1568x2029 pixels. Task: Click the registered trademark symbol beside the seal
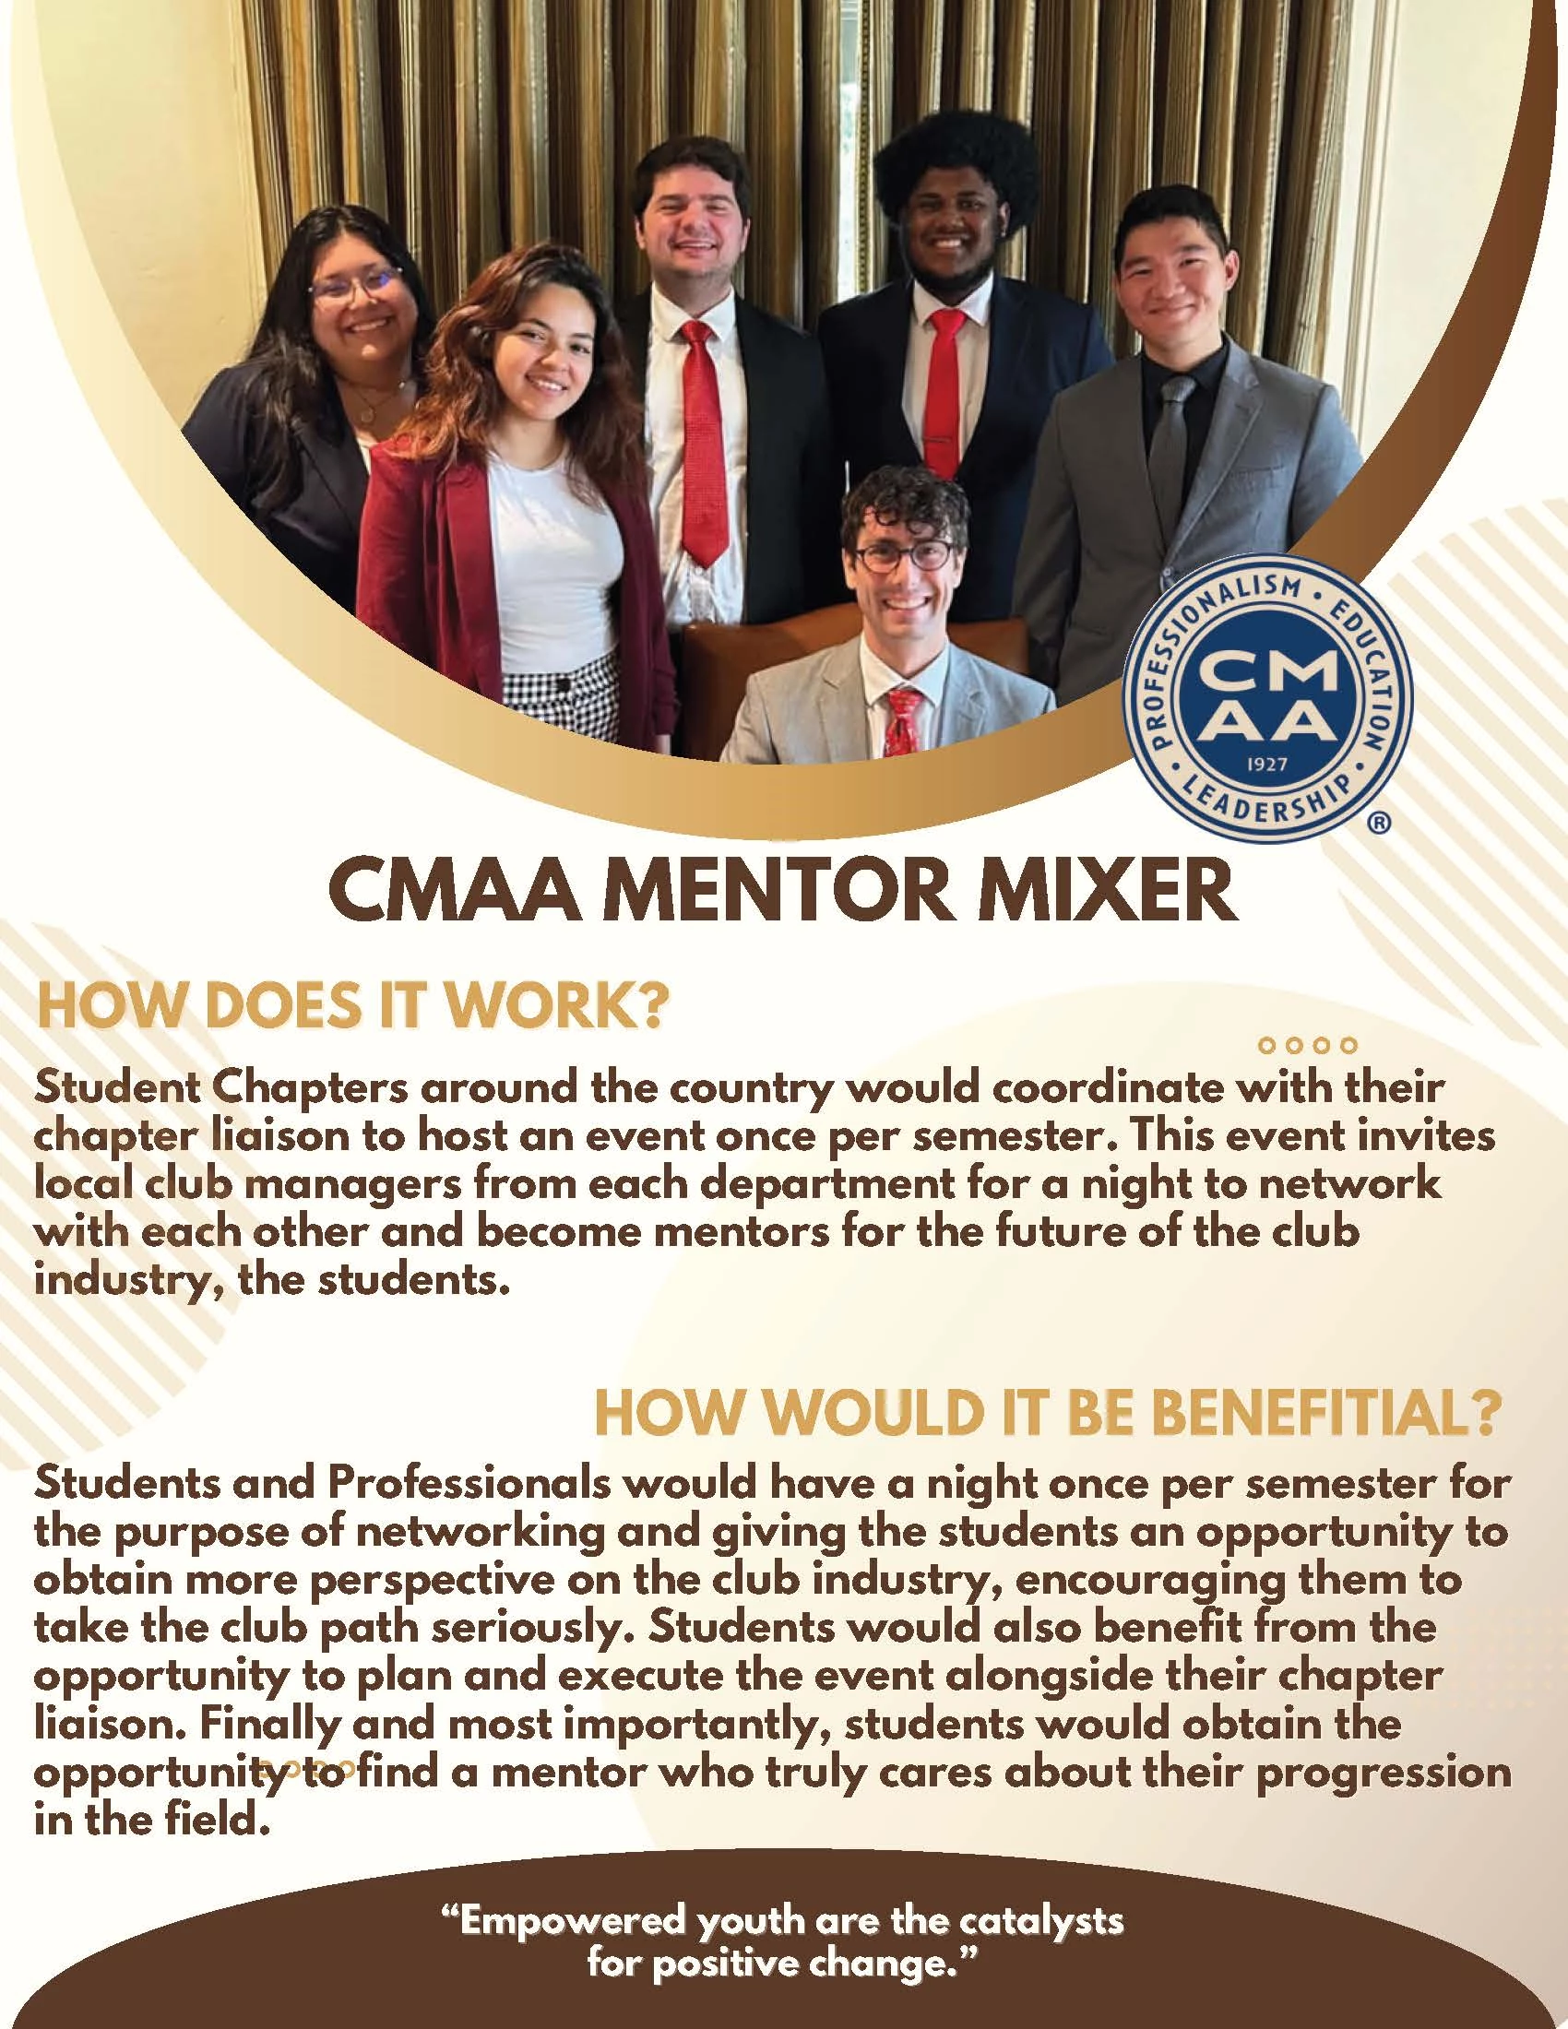1381,822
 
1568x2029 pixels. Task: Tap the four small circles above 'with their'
1308,1045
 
